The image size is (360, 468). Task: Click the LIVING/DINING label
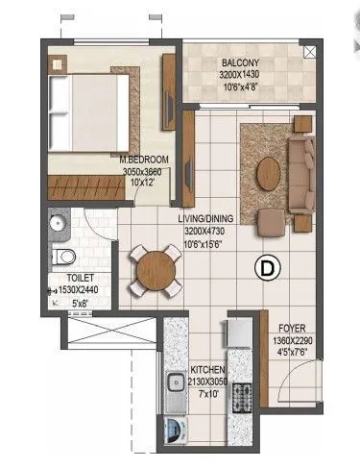coord(205,219)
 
